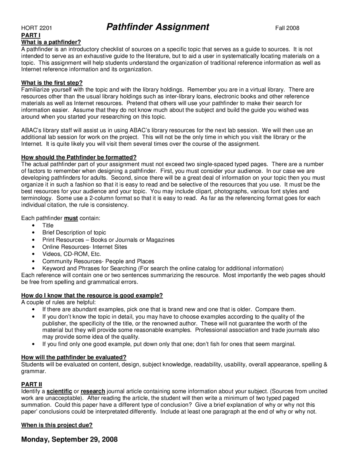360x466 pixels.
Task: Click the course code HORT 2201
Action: (x=37, y=28)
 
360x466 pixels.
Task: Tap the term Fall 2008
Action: (x=287, y=28)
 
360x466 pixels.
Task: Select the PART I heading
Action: (x=31, y=35)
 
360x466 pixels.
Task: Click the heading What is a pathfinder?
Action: (x=51, y=42)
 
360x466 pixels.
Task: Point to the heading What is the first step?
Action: (x=52, y=83)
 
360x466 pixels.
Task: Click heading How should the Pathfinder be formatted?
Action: (x=79, y=157)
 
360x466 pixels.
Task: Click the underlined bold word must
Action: (x=71, y=218)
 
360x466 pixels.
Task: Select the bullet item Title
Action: (x=48, y=225)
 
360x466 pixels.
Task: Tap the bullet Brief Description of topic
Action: (x=74, y=232)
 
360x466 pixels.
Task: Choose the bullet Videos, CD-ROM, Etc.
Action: (x=71, y=254)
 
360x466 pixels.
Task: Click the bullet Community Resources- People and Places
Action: (x=98, y=261)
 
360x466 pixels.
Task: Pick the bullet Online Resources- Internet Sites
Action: (x=85, y=247)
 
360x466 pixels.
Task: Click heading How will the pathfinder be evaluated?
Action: (x=74, y=357)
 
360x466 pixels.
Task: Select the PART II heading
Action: (x=31, y=384)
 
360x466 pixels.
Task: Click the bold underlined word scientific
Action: (x=59, y=391)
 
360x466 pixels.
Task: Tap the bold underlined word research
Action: (x=93, y=391)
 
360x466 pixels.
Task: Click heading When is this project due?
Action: (x=57, y=425)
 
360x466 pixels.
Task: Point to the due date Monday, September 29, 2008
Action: (x=69, y=439)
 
